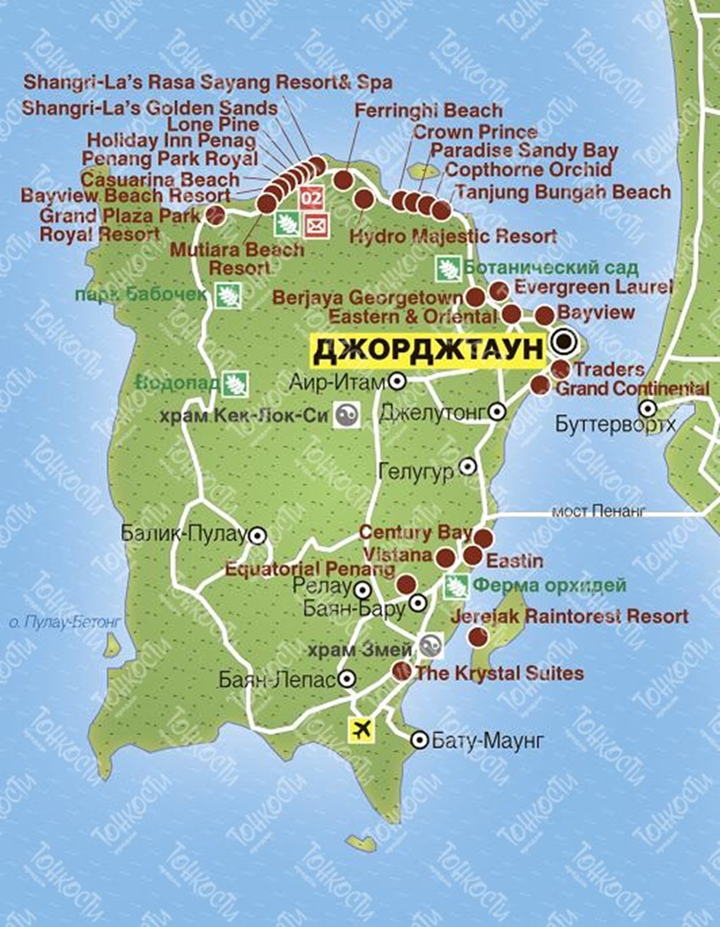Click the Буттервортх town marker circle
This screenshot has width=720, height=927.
coord(646,408)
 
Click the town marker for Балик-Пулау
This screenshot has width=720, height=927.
coord(257,535)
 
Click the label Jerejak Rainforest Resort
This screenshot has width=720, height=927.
coord(569,617)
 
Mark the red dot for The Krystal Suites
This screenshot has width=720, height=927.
coord(401,670)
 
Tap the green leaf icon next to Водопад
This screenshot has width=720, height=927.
coord(235,382)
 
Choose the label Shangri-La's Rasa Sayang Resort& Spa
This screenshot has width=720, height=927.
coord(208,82)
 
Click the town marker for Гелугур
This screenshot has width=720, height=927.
coord(467,467)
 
